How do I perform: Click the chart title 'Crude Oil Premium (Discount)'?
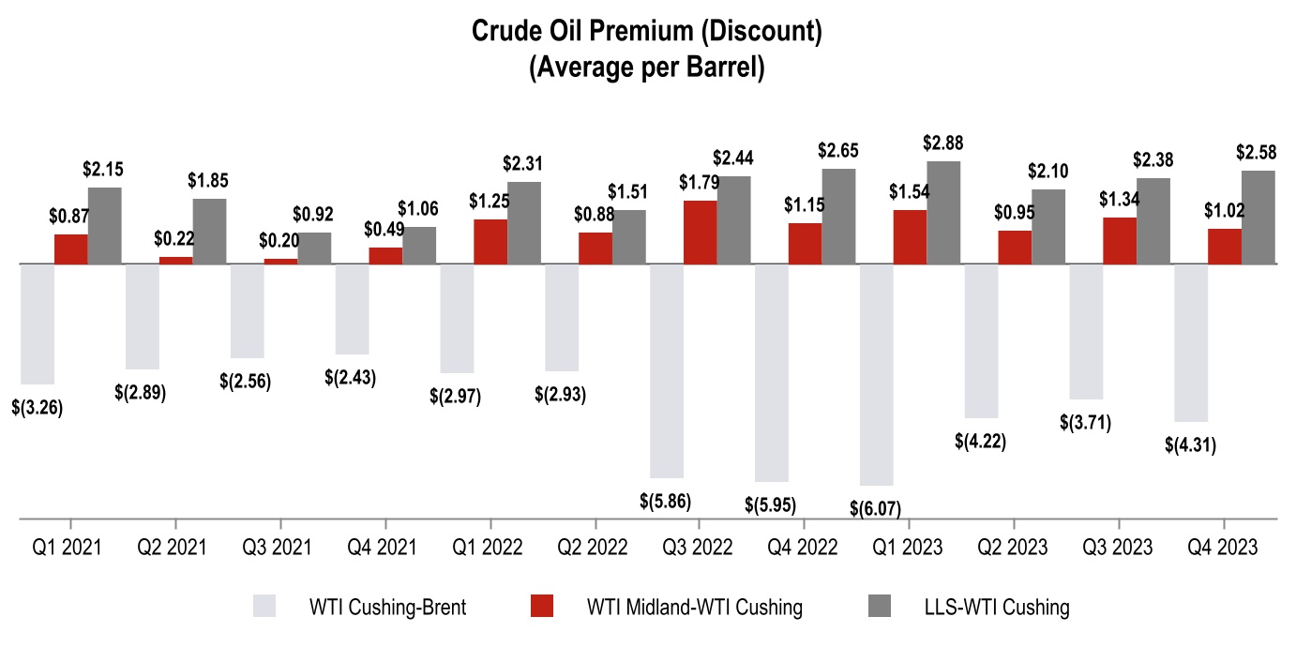647,33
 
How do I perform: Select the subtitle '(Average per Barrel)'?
647,69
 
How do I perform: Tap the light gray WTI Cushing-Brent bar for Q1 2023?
877,374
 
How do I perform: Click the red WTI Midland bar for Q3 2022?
701,232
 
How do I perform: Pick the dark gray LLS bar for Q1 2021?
105,225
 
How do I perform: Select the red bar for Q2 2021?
176,260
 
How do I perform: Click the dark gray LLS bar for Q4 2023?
1258,217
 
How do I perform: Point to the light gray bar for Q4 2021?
352,308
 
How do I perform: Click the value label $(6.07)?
876,508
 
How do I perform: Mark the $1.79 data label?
701,181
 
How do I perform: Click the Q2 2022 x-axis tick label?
595,547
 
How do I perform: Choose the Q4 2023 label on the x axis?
1224,547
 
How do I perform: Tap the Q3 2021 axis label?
279,547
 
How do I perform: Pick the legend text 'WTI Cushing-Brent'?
387,607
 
